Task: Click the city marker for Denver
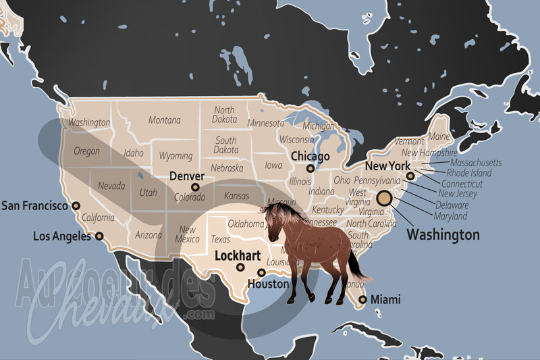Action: [196, 187]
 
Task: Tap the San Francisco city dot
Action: [76, 205]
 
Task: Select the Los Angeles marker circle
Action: [99, 236]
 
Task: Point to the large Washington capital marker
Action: [384, 198]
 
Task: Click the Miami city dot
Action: [363, 299]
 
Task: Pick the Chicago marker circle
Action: [310, 169]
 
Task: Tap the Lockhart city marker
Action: [240, 267]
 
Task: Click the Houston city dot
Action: [261, 273]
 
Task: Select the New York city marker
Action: [410, 176]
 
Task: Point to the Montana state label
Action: [165, 120]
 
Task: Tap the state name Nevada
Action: [111, 185]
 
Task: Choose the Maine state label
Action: [439, 137]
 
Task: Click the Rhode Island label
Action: [469, 173]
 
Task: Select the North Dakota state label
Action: [224, 115]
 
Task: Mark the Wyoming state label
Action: [175, 156]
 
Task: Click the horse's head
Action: [273, 223]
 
